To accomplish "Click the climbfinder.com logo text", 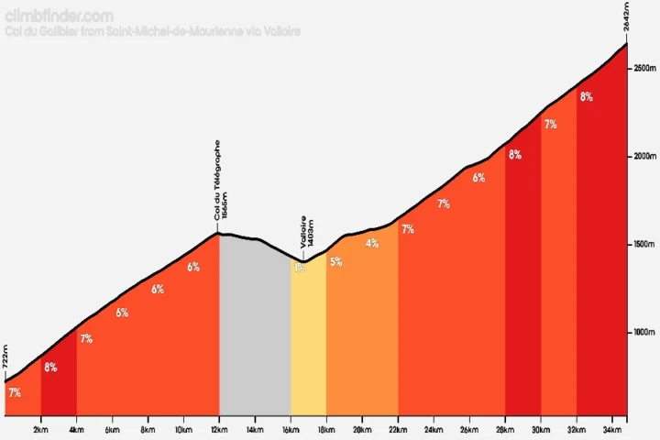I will pyautogui.click(x=60, y=16).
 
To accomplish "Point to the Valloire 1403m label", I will pyautogui.click(x=306, y=236).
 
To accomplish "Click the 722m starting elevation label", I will pyautogui.click(x=5, y=357).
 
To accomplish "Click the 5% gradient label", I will pyautogui.click(x=335, y=262).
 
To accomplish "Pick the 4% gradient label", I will pyautogui.click(x=371, y=244).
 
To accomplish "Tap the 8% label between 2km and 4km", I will pyautogui.click(x=50, y=368).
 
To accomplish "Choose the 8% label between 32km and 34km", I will pyautogui.click(x=587, y=97).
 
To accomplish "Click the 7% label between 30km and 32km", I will pyautogui.click(x=551, y=125).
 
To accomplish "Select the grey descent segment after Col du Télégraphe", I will pyautogui.click(x=255, y=330).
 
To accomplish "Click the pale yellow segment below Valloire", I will pyautogui.click(x=308, y=339).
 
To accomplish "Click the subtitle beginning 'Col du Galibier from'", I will pyautogui.click(x=152, y=31).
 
